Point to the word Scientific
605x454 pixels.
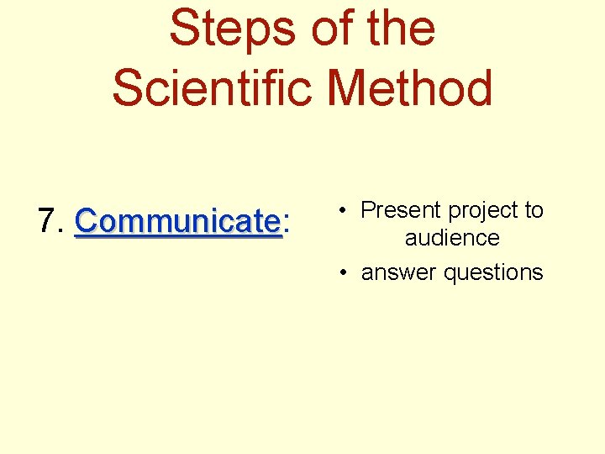pos(214,87)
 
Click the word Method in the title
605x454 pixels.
pos(411,87)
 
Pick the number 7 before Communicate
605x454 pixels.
pos(47,221)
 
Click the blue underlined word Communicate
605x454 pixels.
pos(177,222)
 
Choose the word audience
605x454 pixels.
pos(452,238)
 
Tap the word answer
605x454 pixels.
pos(398,273)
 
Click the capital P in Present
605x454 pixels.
pos(368,210)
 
